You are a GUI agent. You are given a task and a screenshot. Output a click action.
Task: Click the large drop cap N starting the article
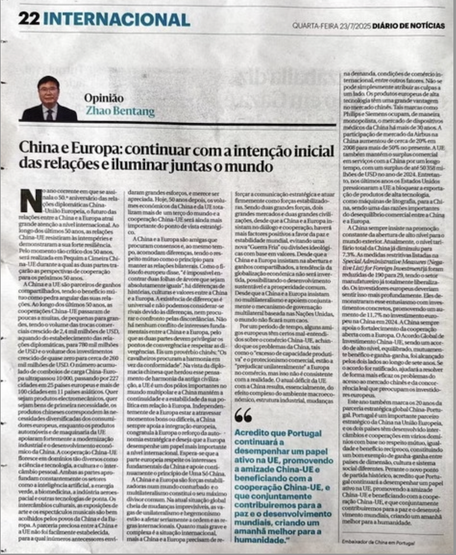click(x=30, y=199)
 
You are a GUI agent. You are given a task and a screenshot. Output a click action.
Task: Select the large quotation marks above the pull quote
click(x=242, y=415)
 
